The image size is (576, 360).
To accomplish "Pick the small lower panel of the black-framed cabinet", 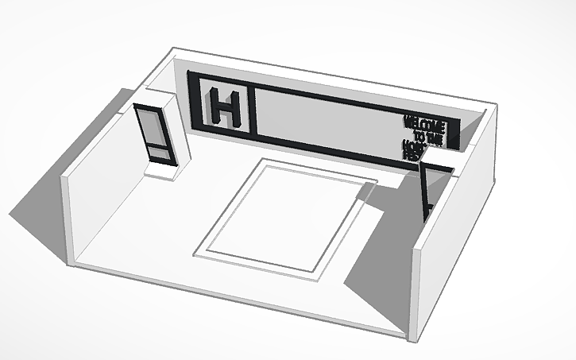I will (157, 151).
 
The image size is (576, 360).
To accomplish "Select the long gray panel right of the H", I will (326, 120).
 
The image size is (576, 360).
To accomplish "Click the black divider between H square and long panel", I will (257, 108).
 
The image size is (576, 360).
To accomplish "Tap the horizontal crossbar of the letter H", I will (225, 108).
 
